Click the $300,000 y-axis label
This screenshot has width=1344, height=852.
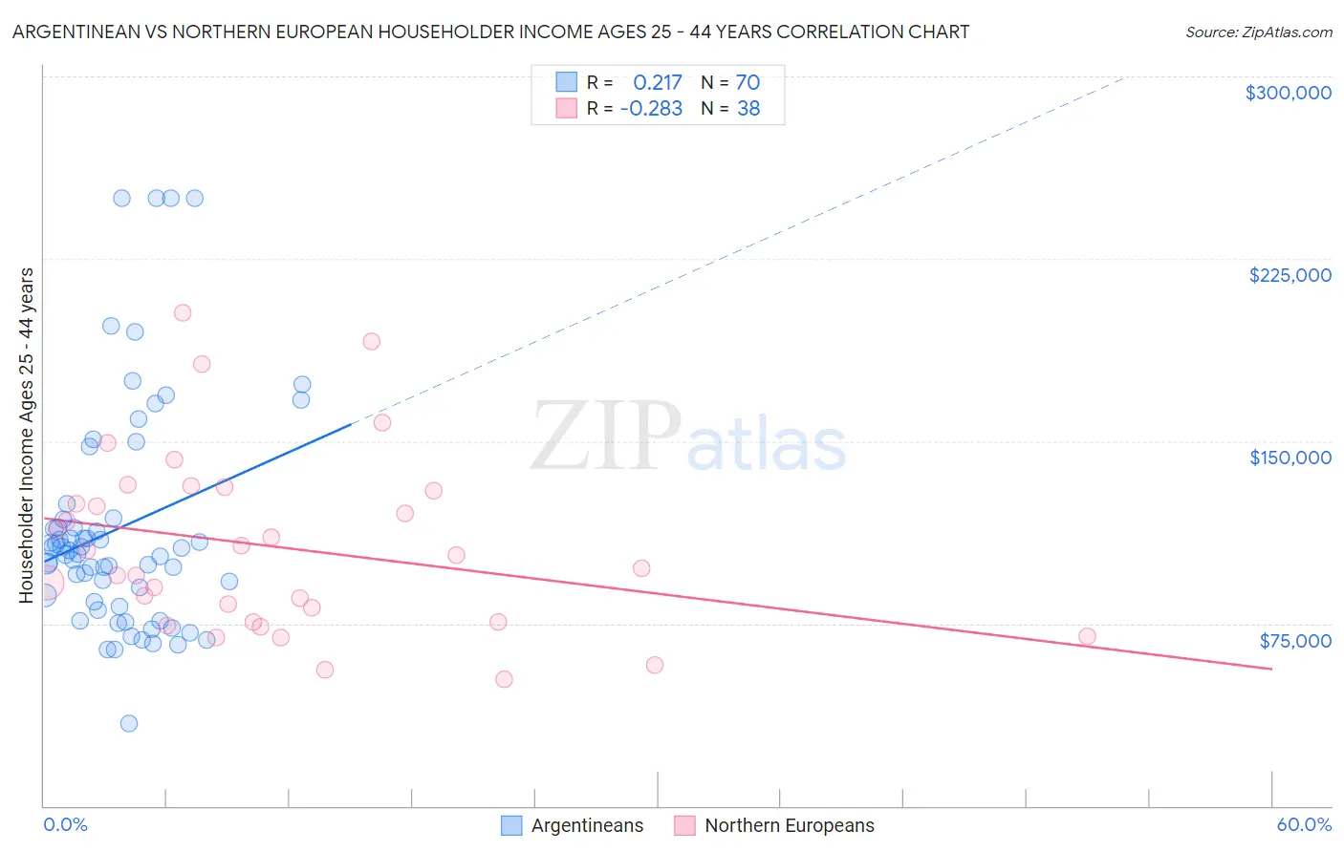(x=1288, y=93)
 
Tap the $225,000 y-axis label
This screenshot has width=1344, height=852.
(x=1290, y=275)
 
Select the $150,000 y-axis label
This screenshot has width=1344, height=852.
(x=1290, y=458)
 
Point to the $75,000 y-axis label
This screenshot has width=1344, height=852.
(x=1294, y=641)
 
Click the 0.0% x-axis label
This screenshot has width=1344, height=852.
(x=65, y=824)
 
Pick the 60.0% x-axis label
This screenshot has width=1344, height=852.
(x=1303, y=824)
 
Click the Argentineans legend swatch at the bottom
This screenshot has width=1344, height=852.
(x=512, y=825)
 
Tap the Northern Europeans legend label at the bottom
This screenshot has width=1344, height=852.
(x=789, y=825)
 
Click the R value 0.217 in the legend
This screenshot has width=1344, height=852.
(x=658, y=82)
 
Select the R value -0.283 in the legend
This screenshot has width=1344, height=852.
(x=651, y=108)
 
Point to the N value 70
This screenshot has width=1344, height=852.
(x=748, y=82)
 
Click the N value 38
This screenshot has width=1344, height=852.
(x=748, y=108)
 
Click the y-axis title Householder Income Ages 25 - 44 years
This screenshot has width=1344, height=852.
(x=26, y=436)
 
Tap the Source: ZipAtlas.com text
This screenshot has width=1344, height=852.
(x=1258, y=32)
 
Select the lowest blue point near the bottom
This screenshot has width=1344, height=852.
(x=129, y=723)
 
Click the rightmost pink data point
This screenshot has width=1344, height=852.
(x=1087, y=636)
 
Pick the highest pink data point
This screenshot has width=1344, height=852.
(x=183, y=312)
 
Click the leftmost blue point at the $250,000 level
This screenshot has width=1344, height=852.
(x=122, y=199)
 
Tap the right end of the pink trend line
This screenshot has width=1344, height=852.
(x=1271, y=669)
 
